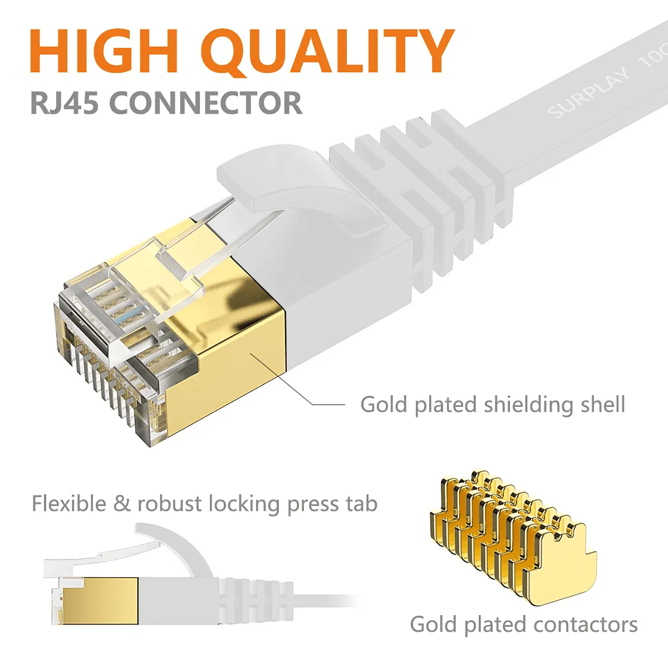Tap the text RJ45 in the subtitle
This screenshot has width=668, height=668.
pyautogui.click(x=65, y=103)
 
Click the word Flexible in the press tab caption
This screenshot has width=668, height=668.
pyautogui.click(x=69, y=503)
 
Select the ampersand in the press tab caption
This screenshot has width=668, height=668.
pyautogui.click(x=121, y=504)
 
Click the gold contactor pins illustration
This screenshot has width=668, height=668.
pyautogui.click(x=512, y=534)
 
